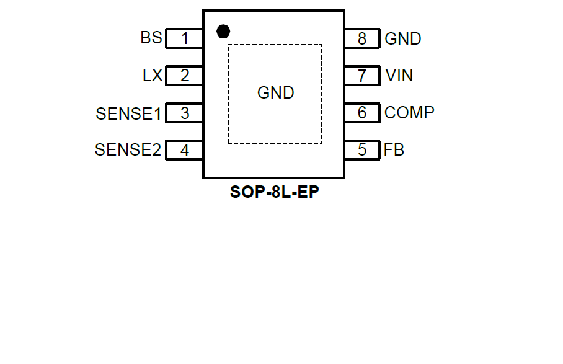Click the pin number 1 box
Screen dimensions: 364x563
185,38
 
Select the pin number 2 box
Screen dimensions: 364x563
185,76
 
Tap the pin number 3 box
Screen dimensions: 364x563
185,113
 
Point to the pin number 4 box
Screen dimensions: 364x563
185,151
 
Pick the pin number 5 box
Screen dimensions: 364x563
362,151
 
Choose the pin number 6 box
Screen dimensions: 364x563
362,113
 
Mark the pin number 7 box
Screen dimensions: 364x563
362,76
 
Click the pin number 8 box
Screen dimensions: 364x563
362,38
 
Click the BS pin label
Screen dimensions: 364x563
151,38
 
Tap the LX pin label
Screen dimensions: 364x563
153,76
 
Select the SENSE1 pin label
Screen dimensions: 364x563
128,113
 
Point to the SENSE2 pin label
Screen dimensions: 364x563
128,150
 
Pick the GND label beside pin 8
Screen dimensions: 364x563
403,38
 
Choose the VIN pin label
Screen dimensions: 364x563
399,76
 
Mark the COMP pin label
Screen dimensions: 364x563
409,113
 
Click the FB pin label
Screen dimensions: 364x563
394,150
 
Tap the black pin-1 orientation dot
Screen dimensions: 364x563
223,30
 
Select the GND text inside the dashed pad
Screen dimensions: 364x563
275,93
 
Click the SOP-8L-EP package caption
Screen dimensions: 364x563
275,192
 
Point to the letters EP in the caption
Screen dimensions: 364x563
310,192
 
